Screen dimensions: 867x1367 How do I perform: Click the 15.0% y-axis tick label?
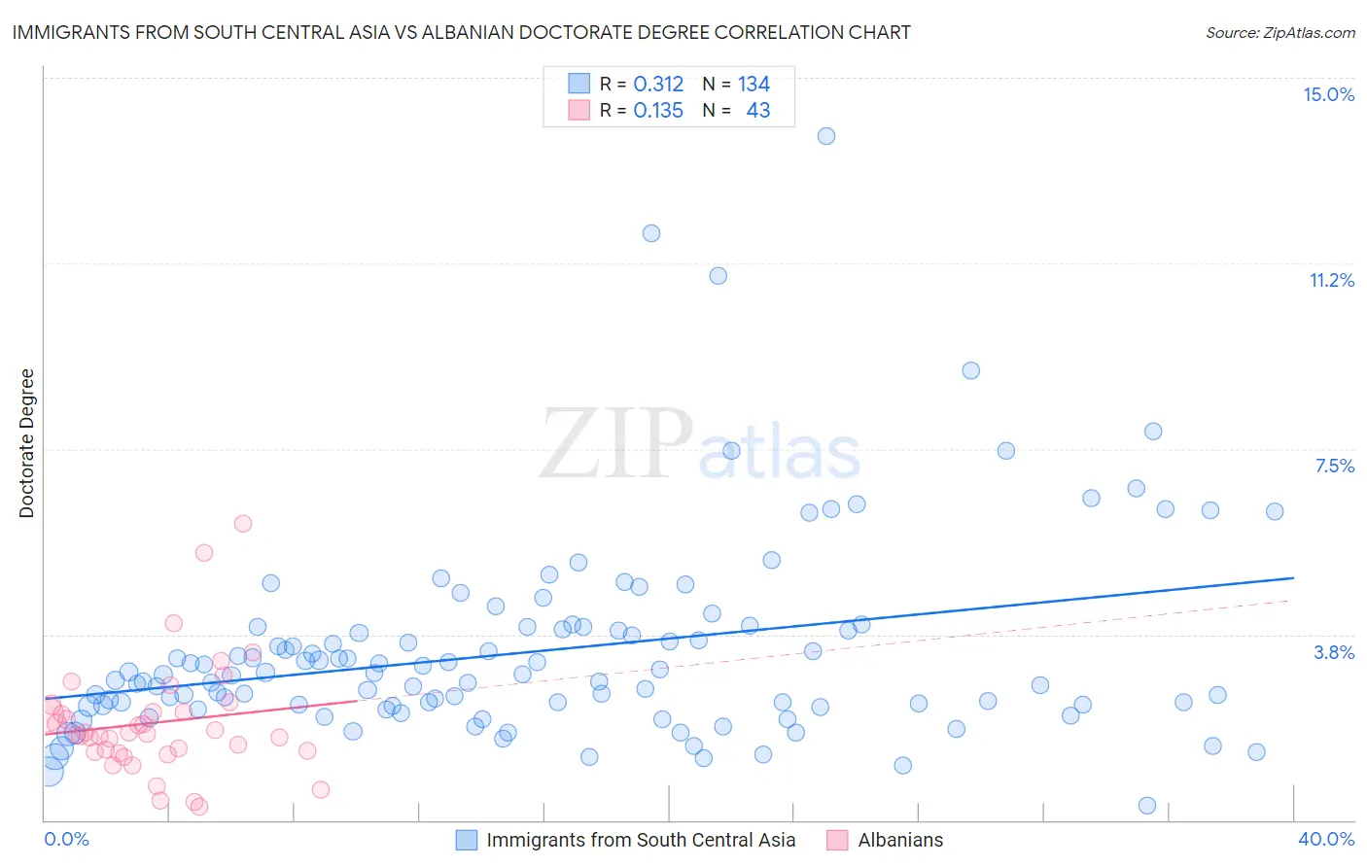1328,94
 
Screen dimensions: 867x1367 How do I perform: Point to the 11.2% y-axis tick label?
1331,280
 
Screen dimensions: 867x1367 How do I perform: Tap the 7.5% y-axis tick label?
1334,466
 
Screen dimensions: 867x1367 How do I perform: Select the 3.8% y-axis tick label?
1334,652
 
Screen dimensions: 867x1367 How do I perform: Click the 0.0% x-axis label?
66,839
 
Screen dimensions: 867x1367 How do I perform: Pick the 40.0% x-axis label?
1325,839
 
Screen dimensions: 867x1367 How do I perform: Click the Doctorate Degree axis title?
26,443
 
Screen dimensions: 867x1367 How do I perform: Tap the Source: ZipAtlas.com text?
1279,32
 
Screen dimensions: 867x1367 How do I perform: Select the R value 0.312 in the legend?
658,85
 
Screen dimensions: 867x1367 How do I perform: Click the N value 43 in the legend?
757,111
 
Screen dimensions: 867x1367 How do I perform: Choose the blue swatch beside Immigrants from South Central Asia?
467,840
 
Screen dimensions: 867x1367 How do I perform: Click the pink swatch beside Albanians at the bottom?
837,840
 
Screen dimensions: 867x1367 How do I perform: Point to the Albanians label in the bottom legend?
900,840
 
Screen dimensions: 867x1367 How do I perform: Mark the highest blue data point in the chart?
826,136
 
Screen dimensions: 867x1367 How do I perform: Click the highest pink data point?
243,523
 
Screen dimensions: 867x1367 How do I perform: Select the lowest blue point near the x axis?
1147,806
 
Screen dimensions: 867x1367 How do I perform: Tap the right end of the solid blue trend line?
1293,577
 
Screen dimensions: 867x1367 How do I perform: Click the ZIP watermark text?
616,444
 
